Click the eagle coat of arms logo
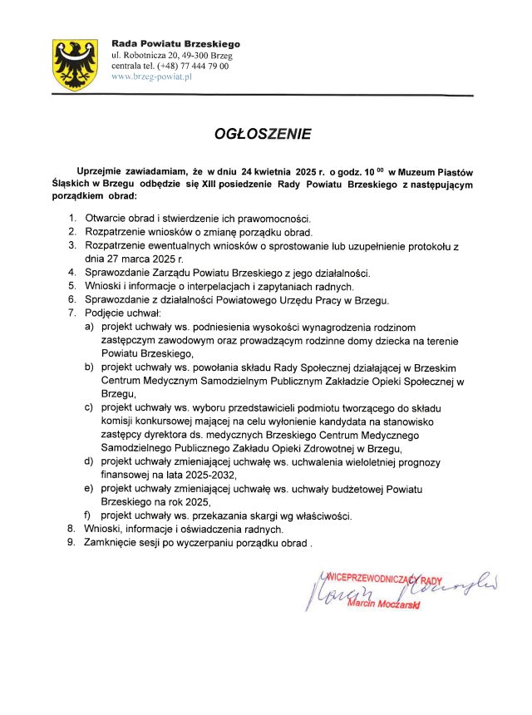76,64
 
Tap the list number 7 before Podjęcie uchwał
71,312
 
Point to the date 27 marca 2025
126,259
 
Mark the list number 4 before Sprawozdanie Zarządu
71,272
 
